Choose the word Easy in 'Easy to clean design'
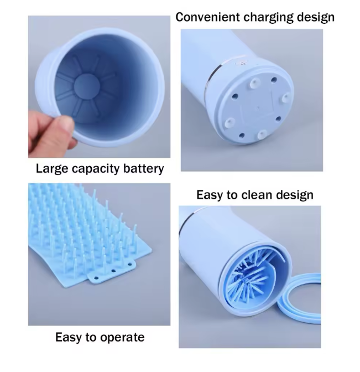[x=209, y=195]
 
